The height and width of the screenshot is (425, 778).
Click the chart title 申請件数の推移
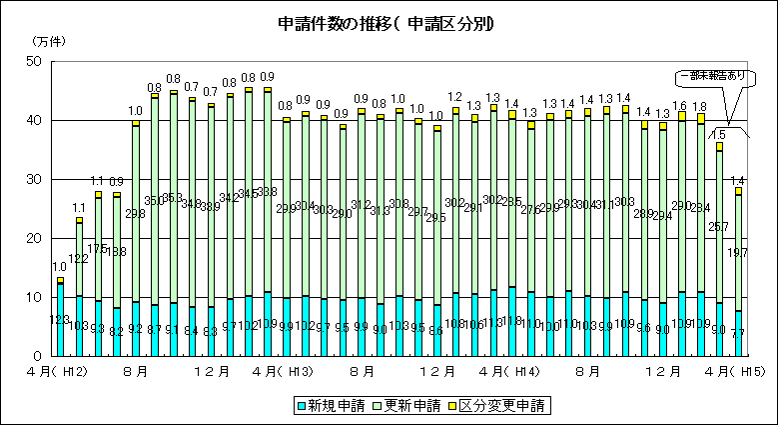389,21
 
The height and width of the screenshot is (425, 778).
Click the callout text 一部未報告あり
711,75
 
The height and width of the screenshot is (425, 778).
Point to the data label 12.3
60,320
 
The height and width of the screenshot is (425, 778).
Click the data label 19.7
739,254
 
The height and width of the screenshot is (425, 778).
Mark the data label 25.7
720,227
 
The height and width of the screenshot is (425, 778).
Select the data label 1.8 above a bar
700,106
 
